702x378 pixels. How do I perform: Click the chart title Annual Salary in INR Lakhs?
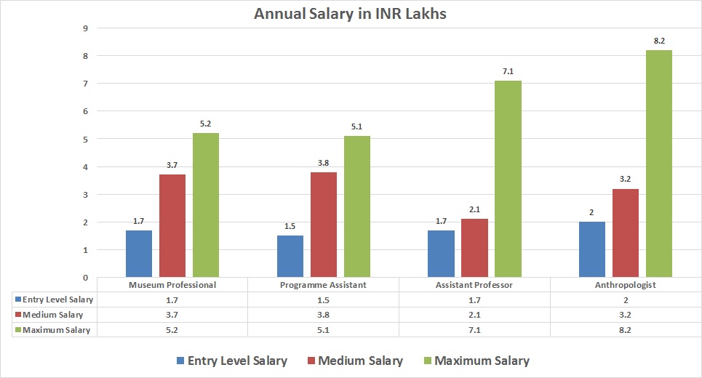tap(350, 14)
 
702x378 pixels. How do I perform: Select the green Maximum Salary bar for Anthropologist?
tap(659, 164)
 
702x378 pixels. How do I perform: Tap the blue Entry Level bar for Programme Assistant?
tap(290, 256)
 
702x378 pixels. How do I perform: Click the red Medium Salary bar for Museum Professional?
tap(172, 225)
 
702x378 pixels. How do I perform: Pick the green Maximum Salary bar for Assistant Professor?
tap(508, 178)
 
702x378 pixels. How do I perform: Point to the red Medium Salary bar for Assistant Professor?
tap(474, 248)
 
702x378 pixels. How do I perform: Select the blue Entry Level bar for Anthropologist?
tap(592, 249)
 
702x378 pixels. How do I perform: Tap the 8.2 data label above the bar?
tap(659, 41)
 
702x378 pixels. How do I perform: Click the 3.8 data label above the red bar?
tap(323, 163)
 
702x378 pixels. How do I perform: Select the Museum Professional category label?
tap(172, 285)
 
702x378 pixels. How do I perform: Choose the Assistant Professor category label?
tap(474, 285)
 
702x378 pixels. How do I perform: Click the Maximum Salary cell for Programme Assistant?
tap(323, 329)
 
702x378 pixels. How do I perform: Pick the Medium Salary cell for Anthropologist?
tap(625, 315)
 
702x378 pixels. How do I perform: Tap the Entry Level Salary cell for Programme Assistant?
tap(323, 299)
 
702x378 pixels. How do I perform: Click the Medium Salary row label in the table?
tap(52, 315)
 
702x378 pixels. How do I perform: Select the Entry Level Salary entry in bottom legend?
tap(231, 361)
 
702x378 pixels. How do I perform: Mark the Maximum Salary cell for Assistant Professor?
tap(474, 329)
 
